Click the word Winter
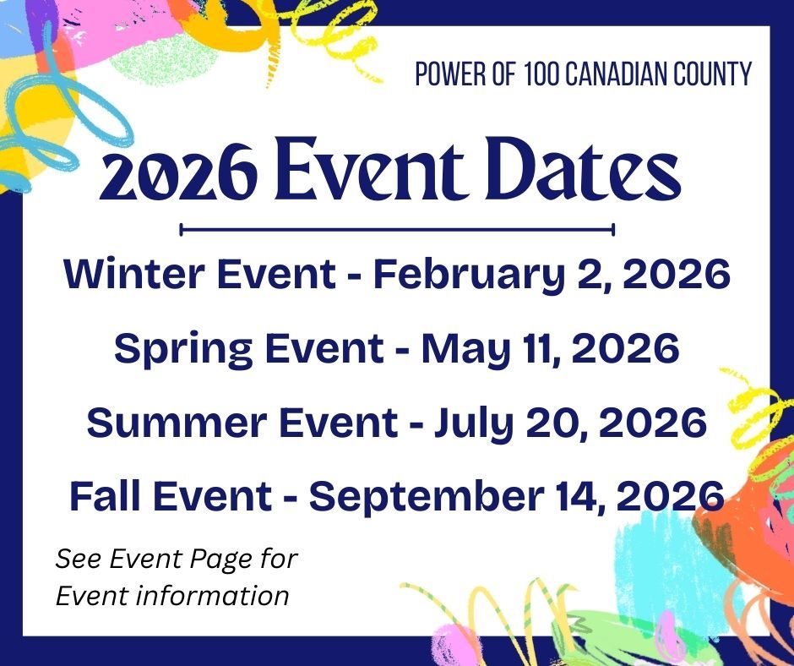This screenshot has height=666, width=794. pyautogui.click(x=118, y=276)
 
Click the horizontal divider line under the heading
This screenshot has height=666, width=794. pyautogui.click(x=397, y=229)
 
